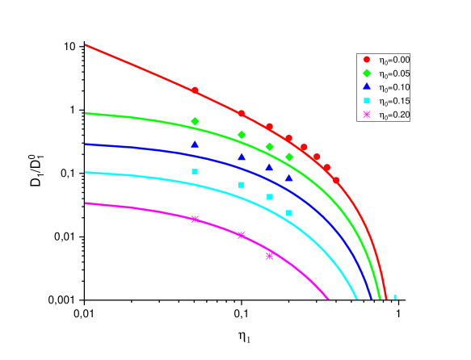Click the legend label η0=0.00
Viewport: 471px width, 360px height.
point(394,60)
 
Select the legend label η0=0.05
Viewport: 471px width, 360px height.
point(394,73)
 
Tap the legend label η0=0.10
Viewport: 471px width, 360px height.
point(394,87)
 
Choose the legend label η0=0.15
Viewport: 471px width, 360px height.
point(394,101)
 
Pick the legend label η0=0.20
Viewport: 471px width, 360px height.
point(394,115)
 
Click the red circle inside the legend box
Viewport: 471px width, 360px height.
point(366,60)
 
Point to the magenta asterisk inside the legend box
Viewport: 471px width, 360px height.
point(366,115)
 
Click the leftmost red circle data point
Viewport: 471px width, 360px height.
point(195,90)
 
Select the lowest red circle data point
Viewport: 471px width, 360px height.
point(336,180)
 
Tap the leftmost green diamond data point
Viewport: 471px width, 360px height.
point(195,121)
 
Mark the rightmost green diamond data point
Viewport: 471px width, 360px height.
point(289,157)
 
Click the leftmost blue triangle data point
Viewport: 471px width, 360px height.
point(195,144)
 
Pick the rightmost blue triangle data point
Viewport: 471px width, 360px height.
point(288,178)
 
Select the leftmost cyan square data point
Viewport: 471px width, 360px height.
point(195,171)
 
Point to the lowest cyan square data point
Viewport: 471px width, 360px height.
point(288,213)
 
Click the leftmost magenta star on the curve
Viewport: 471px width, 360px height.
point(195,219)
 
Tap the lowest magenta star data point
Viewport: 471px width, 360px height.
point(270,255)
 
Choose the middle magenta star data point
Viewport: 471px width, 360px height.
point(241,235)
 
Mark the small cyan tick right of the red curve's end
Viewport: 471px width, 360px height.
point(395,297)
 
